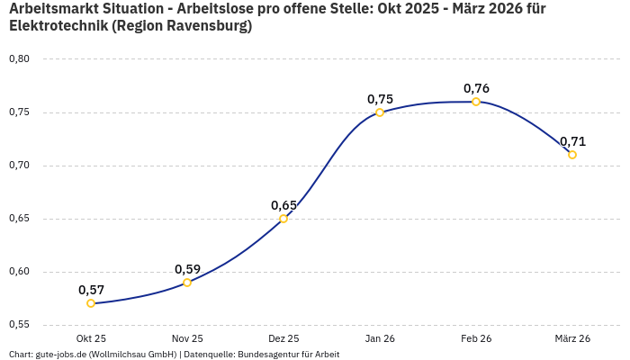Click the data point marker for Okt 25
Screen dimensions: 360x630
tap(91, 303)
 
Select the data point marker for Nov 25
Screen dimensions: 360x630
tap(187, 283)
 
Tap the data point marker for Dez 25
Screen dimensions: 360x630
tap(283, 219)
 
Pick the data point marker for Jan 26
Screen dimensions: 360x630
tap(380, 112)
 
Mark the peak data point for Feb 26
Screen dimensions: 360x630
tap(476, 102)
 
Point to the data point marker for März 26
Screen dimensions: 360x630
tap(572, 155)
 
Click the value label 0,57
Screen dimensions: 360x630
tap(91, 290)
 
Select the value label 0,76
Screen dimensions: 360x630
tap(476, 88)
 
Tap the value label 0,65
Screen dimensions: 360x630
tap(283, 205)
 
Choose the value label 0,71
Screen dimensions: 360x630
tap(572, 141)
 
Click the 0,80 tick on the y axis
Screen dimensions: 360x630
tap(19, 59)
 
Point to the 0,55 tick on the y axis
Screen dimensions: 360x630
tap(19, 325)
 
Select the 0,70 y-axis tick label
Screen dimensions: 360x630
tap(19, 166)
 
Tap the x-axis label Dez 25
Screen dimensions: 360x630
tap(283, 339)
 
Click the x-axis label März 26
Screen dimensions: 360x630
tap(572, 339)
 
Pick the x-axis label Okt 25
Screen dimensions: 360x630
tap(91, 339)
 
